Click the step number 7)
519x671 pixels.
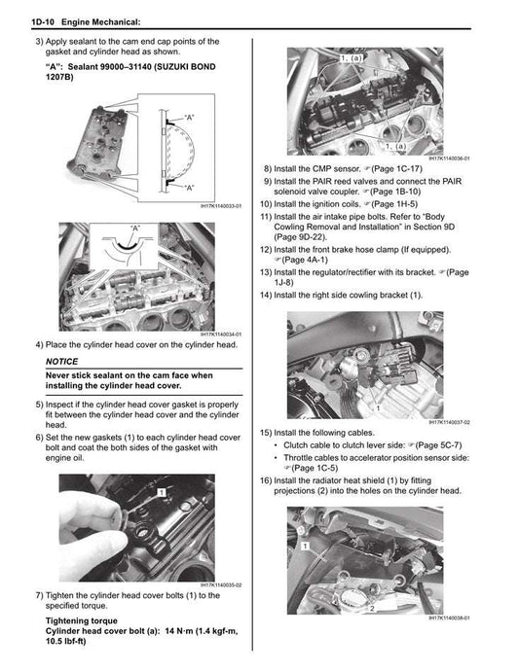point(39,594)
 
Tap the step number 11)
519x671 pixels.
point(266,216)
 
